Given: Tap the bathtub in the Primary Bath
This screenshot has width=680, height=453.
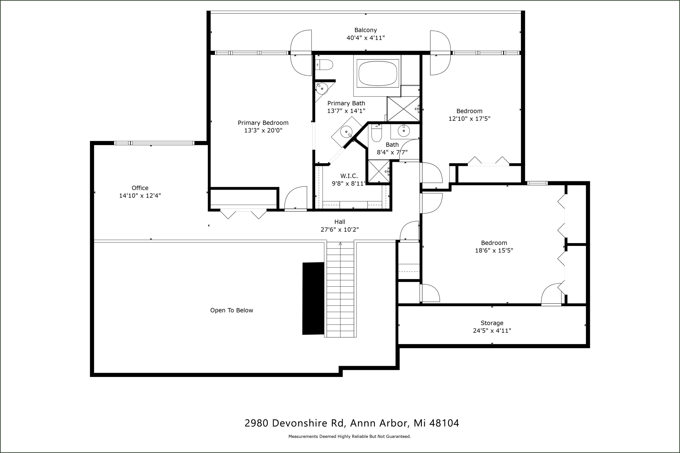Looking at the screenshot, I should pos(378,73).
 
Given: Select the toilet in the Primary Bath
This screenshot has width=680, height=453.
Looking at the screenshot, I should pos(324,65).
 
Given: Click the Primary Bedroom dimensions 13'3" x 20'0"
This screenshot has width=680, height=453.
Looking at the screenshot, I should pos(263,130).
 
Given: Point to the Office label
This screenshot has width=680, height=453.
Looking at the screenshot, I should pos(140,188).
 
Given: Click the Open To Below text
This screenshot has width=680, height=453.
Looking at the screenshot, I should pos(232,310).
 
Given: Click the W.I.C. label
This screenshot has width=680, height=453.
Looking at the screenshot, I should pos(349,176).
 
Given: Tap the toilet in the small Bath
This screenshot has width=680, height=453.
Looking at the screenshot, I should pos(376,133).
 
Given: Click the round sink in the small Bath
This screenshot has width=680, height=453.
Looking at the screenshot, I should pos(404,131).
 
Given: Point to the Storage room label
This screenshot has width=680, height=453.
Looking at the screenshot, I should pos(492,323).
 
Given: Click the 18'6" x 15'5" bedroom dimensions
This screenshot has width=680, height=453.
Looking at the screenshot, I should pos(494,251).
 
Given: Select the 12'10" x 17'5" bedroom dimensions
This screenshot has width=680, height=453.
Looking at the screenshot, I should pos(469,119).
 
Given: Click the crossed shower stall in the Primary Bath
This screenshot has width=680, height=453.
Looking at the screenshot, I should pos(403,109).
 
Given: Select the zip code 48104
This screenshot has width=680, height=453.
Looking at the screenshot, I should pos(444,423).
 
